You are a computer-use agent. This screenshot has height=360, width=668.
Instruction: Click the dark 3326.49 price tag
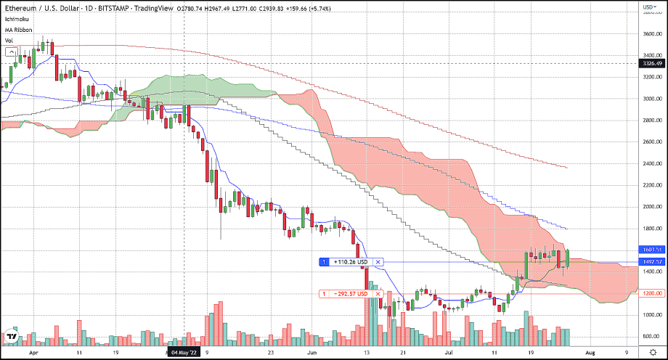click(x=650, y=63)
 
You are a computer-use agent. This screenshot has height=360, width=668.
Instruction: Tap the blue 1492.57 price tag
click(x=650, y=261)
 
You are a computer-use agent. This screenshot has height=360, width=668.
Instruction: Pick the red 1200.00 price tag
click(x=650, y=293)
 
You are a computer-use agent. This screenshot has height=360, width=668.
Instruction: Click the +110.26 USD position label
click(x=349, y=261)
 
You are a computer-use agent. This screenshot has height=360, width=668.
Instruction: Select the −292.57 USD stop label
click(x=349, y=293)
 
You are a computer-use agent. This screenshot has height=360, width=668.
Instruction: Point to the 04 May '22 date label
click(x=184, y=352)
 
